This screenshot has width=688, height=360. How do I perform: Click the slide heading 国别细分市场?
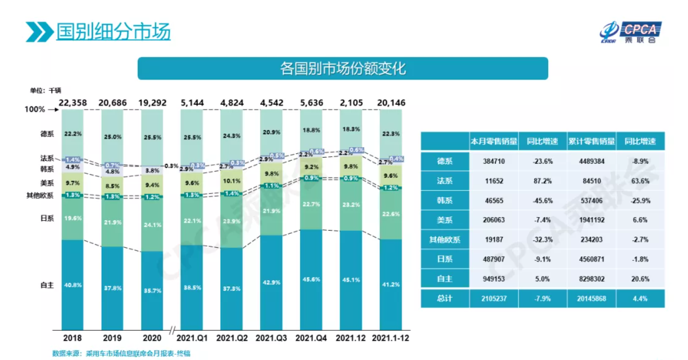113,32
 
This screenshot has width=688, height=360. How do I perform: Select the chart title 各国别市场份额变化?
343,68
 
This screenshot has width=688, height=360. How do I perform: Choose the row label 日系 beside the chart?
47,219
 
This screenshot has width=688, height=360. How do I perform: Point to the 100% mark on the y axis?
35,110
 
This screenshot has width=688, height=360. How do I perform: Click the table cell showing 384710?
493,161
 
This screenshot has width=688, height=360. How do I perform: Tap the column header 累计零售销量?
592,141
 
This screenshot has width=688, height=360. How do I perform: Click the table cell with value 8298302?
592,279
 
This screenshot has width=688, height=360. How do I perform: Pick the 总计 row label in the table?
444,299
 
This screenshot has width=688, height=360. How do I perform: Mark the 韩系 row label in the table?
444,200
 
